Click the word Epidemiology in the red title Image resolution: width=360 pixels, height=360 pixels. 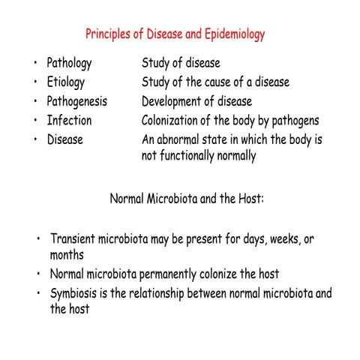(x=229, y=35)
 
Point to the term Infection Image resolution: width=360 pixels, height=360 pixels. (x=70, y=120)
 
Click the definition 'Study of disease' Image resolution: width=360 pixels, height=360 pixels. (x=181, y=64)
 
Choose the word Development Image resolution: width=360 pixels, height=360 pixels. (x=172, y=101)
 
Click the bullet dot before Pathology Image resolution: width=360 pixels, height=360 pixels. (x=36, y=64)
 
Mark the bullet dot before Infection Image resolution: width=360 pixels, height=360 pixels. (x=36, y=120)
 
